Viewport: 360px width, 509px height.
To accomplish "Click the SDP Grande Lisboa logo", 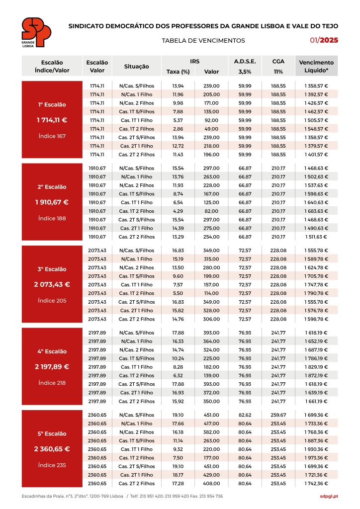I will click(36, 33).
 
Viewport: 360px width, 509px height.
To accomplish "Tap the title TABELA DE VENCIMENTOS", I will click(203, 41).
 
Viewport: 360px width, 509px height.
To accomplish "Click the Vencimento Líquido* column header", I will click(316, 67).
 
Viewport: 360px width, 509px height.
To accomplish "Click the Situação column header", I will click(137, 67).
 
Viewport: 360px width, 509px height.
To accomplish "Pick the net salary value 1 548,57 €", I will click(316, 129).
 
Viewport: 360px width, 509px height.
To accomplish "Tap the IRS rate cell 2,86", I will click(178, 129).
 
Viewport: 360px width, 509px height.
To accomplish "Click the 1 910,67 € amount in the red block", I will click(52, 202).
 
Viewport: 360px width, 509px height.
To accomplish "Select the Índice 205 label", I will click(52, 301).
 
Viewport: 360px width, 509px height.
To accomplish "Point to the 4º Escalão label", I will click(52, 351).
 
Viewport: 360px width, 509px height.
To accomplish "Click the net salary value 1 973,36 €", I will click(316, 458).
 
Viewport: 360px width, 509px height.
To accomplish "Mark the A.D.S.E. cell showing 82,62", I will click(245, 415).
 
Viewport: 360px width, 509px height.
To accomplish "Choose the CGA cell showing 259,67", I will click(278, 415).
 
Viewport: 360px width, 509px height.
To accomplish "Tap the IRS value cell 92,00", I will click(211, 120).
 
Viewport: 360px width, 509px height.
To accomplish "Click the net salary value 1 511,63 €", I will click(316, 237).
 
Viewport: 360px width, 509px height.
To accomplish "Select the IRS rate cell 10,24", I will click(178, 358).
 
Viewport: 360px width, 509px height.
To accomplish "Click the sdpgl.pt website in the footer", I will click(329, 496).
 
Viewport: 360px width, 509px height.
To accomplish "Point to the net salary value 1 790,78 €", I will click(316, 293).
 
